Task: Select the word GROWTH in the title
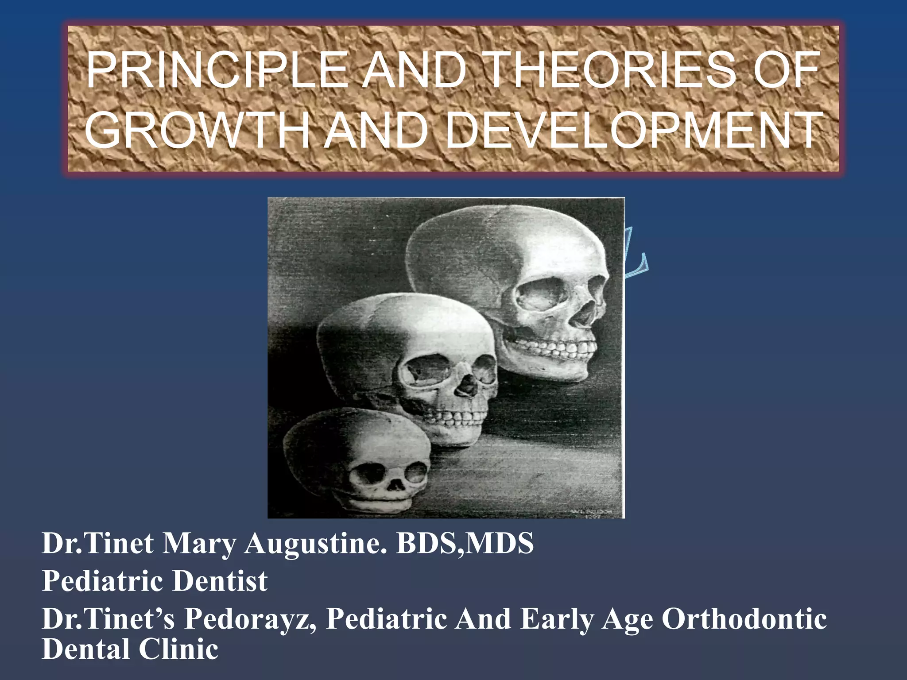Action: pos(197,131)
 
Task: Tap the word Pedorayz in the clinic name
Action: pos(250,619)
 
